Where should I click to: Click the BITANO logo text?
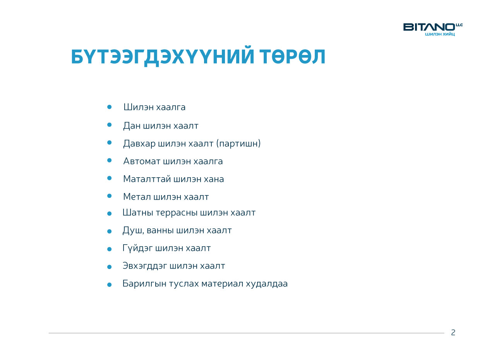[x=429, y=27]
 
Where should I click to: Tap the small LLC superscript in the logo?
[x=459, y=25]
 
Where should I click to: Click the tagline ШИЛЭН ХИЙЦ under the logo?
[x=440, y=34]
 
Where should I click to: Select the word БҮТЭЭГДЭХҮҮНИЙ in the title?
[x=163, y=57]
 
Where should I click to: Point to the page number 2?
[x=453, y=333]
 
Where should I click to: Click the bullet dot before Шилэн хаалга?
[x=109, y=107]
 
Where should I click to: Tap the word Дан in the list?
[x=132, y=126]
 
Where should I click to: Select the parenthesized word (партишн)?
[x=238, y=144]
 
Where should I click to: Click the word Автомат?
[x=142, y=161]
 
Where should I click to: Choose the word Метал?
[x=137, y=197]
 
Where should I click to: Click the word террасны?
[x=177, y=213]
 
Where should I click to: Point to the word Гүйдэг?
[x=137, y=249]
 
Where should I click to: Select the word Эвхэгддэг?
[x=145, y=266]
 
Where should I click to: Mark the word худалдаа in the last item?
[x=267, y=284]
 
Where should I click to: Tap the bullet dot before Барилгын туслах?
[x=109, y=285]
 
